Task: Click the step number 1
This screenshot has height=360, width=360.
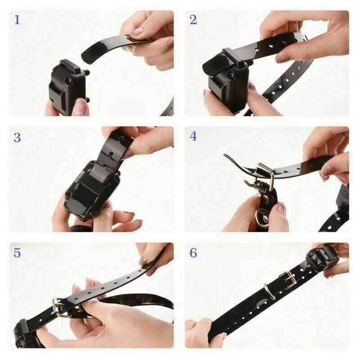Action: click(18, 20)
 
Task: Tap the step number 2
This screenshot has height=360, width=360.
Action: click(193, 20)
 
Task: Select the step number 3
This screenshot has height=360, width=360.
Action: click(18, 137)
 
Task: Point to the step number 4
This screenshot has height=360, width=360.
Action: click(193, 136)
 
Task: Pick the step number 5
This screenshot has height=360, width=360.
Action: click(18, 252)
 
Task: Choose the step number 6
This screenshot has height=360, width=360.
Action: click(193, 252)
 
